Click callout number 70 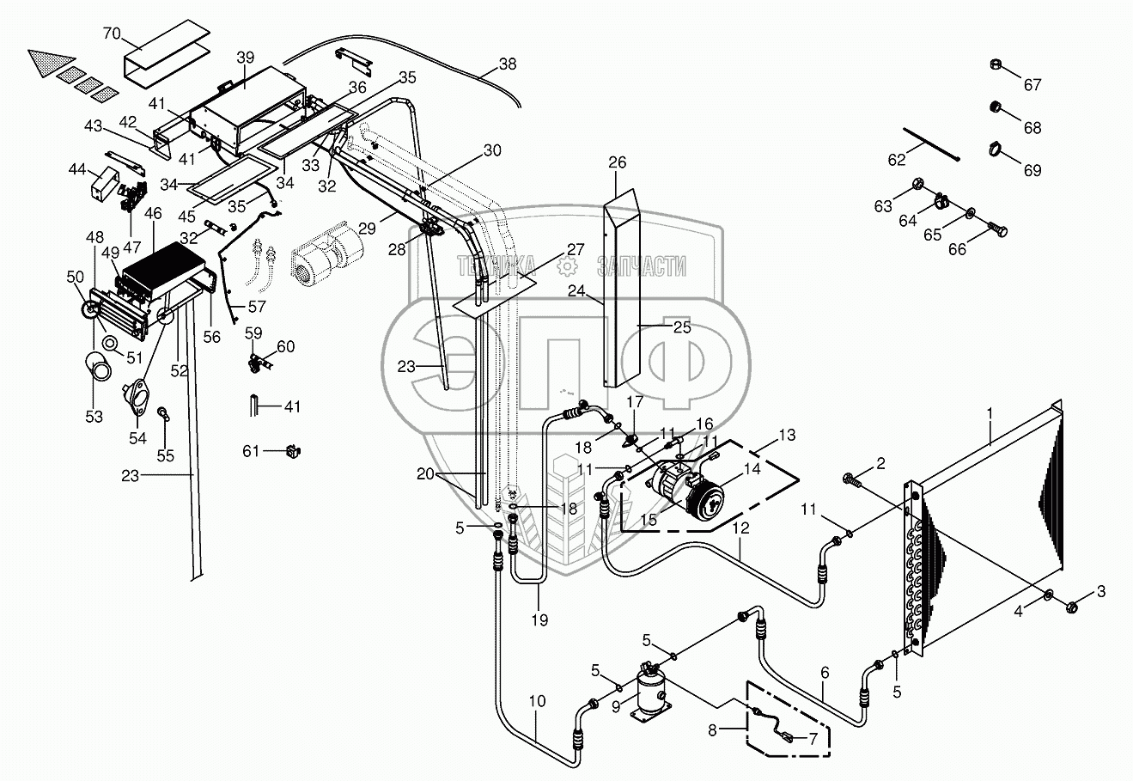[112, 34]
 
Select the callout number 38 [509, 64]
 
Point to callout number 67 [1032, 85]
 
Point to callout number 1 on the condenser [990, 412]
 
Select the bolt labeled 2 [850, 477]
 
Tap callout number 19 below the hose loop [539, 619]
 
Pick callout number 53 [94, 417]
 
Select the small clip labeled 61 [294, 449]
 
